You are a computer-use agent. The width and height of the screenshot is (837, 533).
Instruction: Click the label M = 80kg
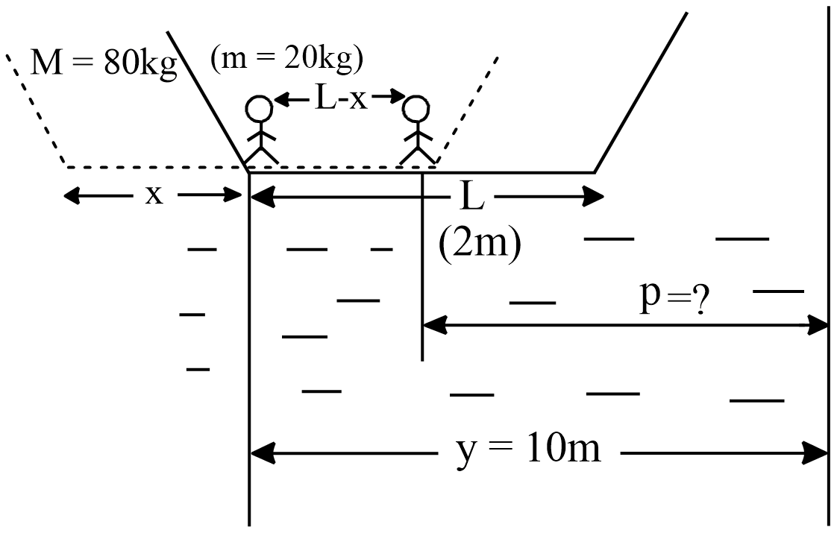point(103,65)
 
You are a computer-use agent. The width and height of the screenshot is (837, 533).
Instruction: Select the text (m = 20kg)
point(287,59)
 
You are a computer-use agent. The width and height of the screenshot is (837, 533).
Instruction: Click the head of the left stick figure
point(260,110)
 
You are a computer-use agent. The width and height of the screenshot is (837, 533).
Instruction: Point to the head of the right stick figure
point(416,110)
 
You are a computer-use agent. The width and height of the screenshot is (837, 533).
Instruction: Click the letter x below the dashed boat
point(153,195)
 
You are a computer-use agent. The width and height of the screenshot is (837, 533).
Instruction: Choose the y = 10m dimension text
point(528,450)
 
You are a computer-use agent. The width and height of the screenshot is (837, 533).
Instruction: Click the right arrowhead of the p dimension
point(821,325)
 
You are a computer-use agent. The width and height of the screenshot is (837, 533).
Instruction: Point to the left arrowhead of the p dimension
point(433,325)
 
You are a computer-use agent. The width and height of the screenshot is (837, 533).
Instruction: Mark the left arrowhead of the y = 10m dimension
point(259,452)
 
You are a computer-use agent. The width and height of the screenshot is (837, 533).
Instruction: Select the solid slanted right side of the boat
point(640,92)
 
